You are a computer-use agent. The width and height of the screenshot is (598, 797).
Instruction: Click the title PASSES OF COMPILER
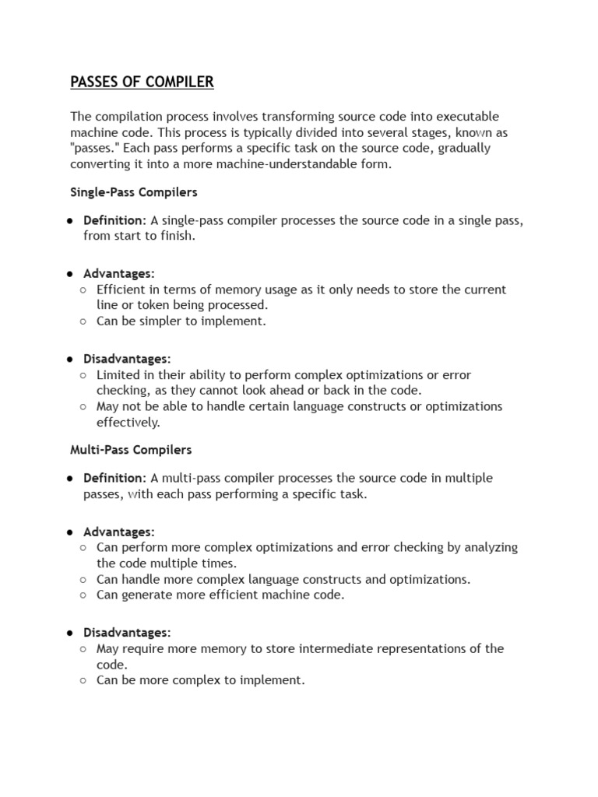[142, 82]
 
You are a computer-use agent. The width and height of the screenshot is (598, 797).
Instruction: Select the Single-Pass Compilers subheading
[134, 191]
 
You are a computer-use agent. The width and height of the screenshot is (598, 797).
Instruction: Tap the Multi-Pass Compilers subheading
[131, 450]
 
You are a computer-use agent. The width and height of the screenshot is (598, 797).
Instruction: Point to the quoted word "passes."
[95, 148]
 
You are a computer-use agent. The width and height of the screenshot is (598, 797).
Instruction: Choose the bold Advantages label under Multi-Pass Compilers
[119, 532]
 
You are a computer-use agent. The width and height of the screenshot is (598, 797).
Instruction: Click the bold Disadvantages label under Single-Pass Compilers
[127, 359]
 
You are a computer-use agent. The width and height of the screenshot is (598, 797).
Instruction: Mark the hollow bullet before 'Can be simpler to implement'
[84, 321]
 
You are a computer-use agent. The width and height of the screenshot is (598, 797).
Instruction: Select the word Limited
[118, 375]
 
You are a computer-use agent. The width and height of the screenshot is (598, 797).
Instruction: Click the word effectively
[128, 423]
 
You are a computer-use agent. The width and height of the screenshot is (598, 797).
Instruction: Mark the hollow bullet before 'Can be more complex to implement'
[84, 680]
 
